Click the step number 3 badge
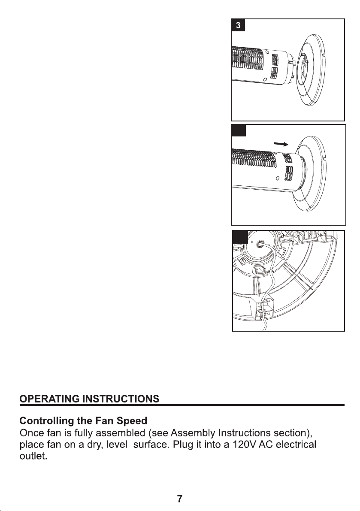pos(239,25)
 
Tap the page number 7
pos(180,499)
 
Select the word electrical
pos(296,442)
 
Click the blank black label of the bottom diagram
pos(239,236)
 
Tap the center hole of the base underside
pos(260,244)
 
